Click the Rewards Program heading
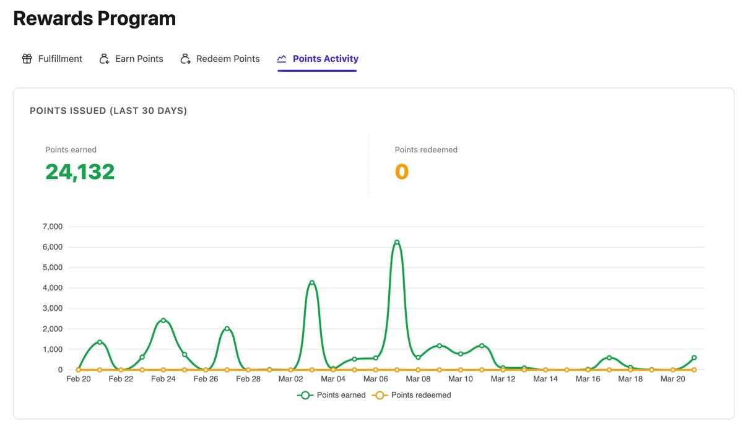coord(94,19)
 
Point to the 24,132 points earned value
coord(80,172)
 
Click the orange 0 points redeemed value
coord(402,172)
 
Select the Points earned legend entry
coord(331,395)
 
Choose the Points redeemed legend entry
coord(411,395)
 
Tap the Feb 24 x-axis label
coord(163,379)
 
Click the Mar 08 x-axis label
coord(418,379)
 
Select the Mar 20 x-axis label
coord(672,379)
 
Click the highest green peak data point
coord(397,242)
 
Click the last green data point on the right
coord(694,357)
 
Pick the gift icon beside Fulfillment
coord(27,59)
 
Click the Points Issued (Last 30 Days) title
coord(108,111)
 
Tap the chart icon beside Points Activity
coord(282,59)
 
